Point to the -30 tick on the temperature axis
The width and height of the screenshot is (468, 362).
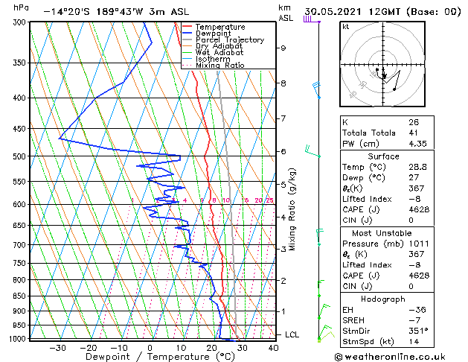pyautogui.click(x=57, y=348)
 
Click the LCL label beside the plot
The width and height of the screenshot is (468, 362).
pyautogui.click(x=292, y=335)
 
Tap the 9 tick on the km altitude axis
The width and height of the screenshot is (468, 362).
pyautogui.click(x=283, y=48)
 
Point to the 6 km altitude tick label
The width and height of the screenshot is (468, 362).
pyautogui.click(x=283, y=151)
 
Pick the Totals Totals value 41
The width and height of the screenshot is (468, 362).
pyautogui.click(x=413, y=133)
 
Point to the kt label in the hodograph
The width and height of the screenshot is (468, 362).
pyautogui.click(x=345, y=27)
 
